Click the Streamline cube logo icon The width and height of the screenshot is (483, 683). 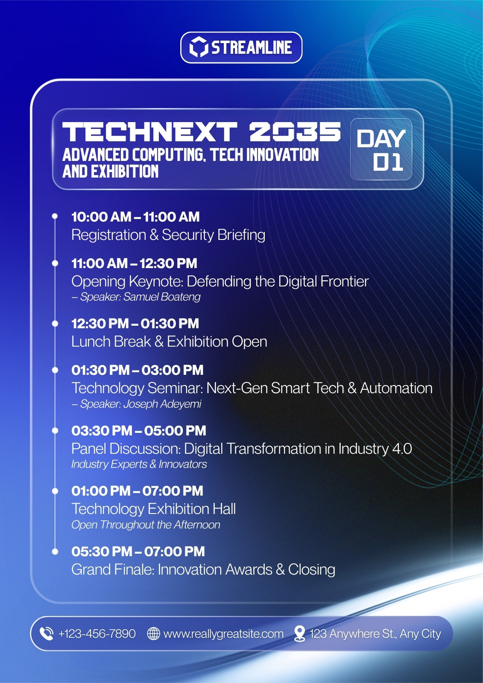coord(198,47)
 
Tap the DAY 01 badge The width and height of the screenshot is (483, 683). coord(381,149)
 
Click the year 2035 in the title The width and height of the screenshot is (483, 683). coord(295,132)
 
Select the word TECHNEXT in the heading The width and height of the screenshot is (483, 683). coord(149,132)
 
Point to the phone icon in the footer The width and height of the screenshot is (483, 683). coord(47,633)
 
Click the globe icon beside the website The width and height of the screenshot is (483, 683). coord(153,633)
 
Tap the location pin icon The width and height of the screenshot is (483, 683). coord(299,633)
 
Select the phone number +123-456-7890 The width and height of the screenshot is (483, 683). coord(97,633)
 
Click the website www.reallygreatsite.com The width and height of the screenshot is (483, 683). coord(223,634)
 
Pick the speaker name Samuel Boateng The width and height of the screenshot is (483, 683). coord(162,297)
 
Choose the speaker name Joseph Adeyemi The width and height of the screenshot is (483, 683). coord(162,404)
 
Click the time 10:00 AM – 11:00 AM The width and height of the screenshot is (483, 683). coord(135,217)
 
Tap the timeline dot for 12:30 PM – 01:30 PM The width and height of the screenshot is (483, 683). coord(55,324)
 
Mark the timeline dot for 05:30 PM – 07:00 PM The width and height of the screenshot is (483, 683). coord(55,551)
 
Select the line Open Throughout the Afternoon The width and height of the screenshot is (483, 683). coord(146,525)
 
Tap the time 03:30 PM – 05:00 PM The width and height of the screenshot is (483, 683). coord(139,431)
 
